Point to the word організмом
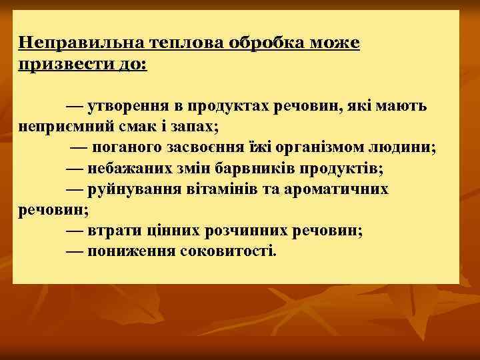[327, 147]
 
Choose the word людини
[405, 147]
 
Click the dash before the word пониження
[75, 251]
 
